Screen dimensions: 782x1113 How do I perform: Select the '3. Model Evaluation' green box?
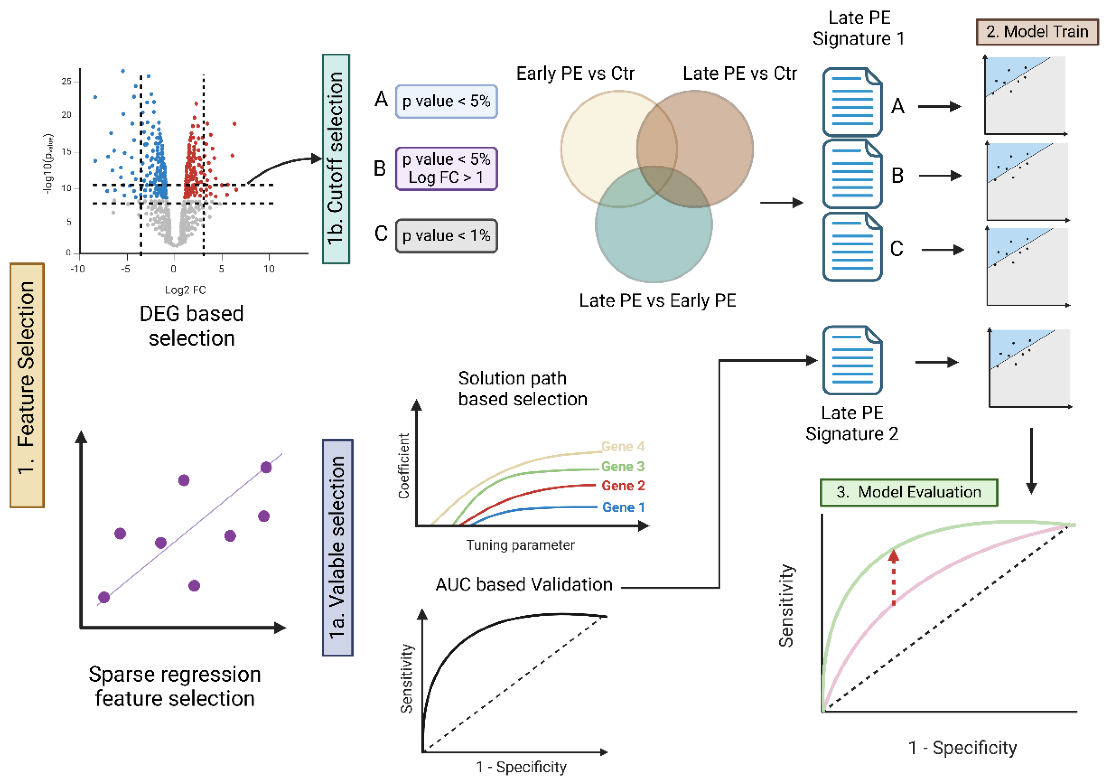tap(908, 492)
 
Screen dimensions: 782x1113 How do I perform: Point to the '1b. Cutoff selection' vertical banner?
tap(336, 159)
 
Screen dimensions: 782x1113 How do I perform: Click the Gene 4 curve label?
tap(622, 446)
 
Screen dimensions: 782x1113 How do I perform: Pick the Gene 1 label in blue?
tap(623, 507)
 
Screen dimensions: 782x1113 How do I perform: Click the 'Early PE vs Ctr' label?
tap(575, 74)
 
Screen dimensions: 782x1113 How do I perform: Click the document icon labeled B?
tap(852, 174)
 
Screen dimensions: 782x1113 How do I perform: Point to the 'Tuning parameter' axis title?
tap(520, 545)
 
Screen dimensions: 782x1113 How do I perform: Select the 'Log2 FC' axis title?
tap(185, 290)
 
